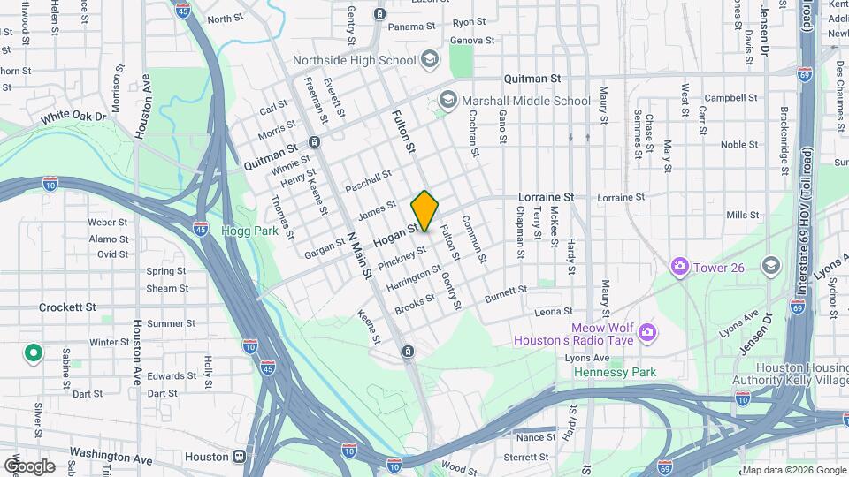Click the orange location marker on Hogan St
point(424,210)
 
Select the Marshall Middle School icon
point(447,100)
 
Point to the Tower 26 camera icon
point(679,265)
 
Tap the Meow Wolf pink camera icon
point(646,331)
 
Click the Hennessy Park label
point(615,372)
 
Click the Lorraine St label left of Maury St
point(545,197)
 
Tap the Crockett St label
point(67,307)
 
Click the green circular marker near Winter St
point(34,353)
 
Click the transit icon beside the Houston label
point(239,458)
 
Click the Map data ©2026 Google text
point(793,470)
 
